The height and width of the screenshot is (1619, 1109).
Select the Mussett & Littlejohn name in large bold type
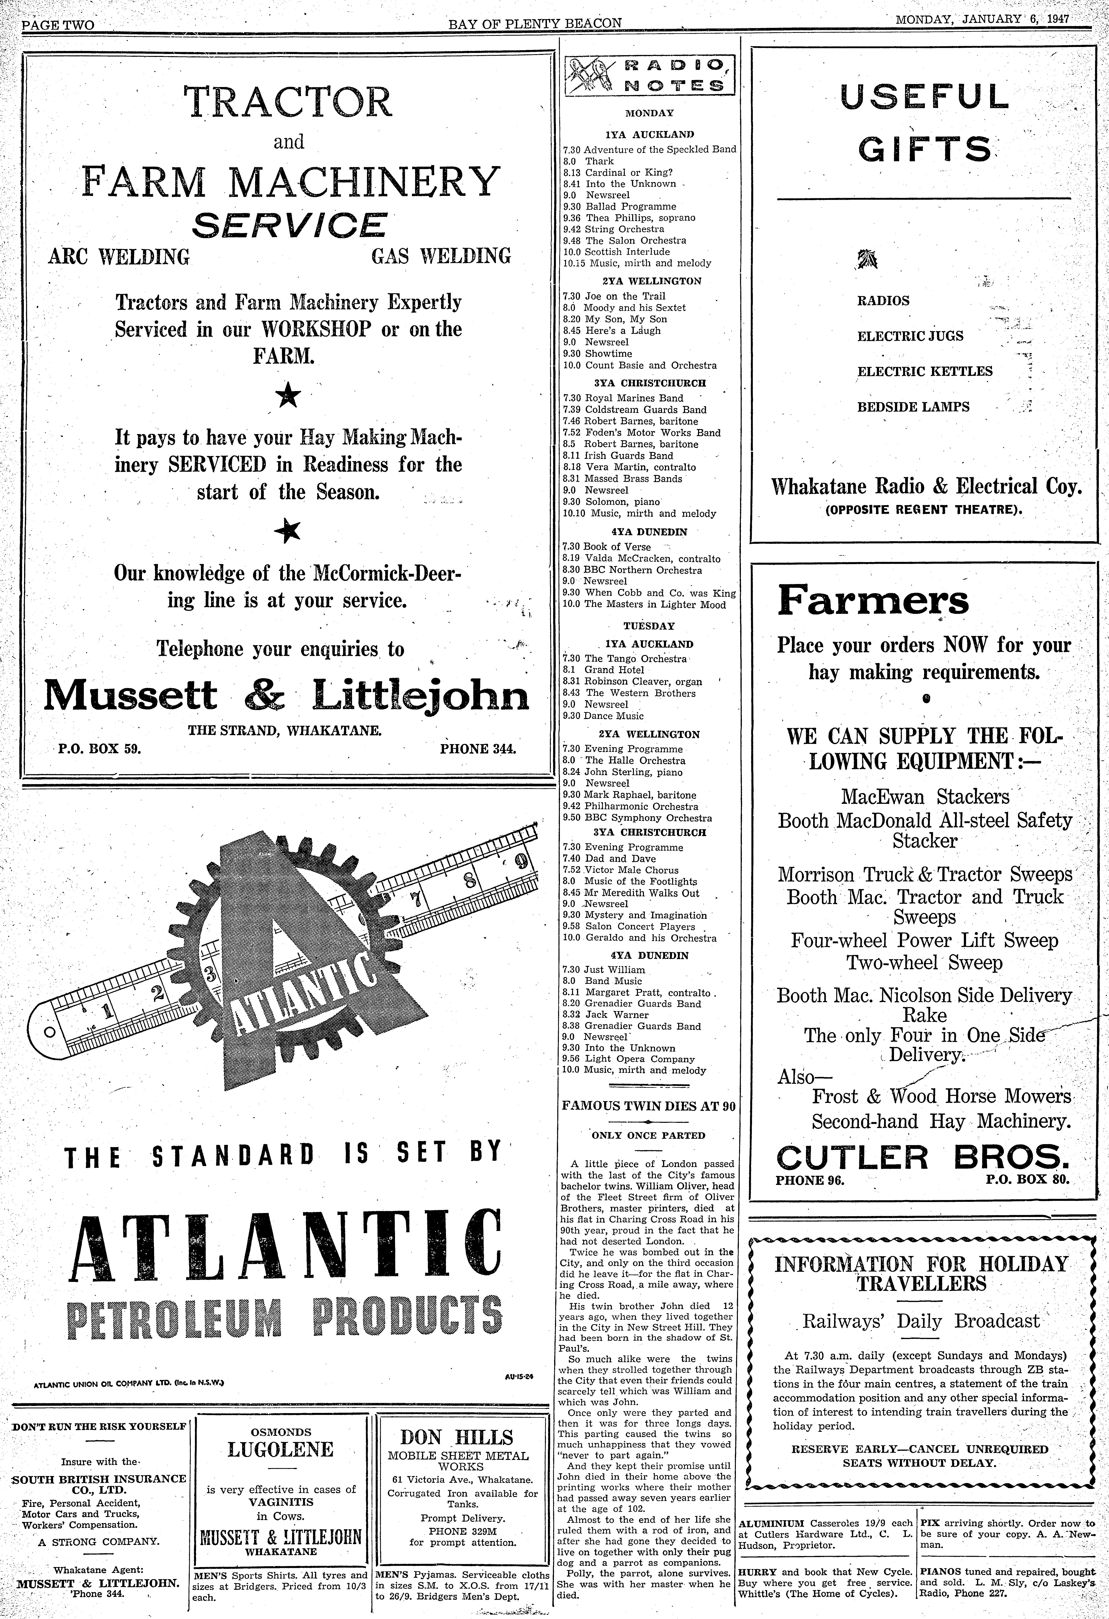[x=286, y=696]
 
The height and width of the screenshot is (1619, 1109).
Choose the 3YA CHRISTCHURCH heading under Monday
[x=649, y=383]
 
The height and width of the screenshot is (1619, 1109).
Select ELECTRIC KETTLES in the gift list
[x=924, y=371]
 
